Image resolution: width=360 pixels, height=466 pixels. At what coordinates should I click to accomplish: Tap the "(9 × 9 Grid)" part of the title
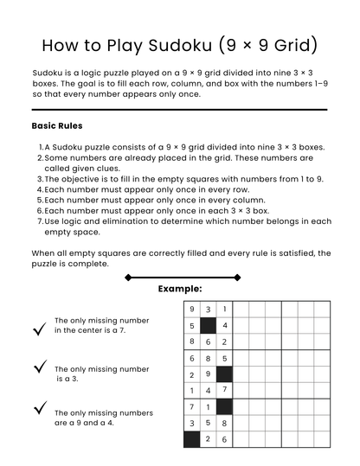pyautogui.click(x=267, y=45)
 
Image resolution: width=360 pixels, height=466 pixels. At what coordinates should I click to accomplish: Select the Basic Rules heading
pyautogui.click(x=57, y=126)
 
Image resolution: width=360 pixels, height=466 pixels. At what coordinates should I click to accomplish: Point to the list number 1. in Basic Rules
pyautogui.click(x=40, y=148)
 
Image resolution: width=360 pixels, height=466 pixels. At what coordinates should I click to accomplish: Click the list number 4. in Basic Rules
pyautogui.click(x=40, y=189)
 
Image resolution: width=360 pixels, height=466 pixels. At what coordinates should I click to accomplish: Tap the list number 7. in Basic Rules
pyautogui.click(x=40, y=221)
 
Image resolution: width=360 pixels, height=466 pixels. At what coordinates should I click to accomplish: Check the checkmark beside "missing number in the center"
pyautogui.click(x=39, y=329)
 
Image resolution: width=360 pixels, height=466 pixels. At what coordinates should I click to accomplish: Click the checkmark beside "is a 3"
pyautogui.click(x=39, y=367)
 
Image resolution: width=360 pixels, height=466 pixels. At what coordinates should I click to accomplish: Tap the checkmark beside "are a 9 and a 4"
pyautogui.click(x=39, y=407)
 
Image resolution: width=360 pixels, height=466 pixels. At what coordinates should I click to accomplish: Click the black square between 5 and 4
pyautogui.click(x=208, y=326)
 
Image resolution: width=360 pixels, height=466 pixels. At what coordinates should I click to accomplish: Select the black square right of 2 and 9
pyautogui.click(x=224, y=374)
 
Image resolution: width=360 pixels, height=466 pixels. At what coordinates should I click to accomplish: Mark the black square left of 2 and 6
pyautogui.click(x=191, y=439)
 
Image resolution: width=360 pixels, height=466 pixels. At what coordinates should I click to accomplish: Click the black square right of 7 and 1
pyautogui.click(x=224, y=406)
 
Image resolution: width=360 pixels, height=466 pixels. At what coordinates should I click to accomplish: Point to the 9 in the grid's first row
pyautogui.click(x=191, y=310)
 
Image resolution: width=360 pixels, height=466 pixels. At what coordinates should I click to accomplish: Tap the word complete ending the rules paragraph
pyautogui.click(x=89, y=264)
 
